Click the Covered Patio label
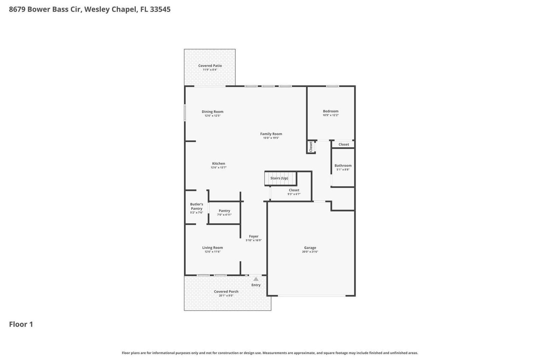[210, 66]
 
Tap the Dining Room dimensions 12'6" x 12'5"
[212, 116]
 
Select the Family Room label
[271, 134]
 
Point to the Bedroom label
[330, 111]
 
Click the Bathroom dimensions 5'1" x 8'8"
[343, 170]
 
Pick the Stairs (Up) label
[279, 178]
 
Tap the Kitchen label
[218, 163]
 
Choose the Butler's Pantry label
[196, 206]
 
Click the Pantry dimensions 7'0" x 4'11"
[224, 215]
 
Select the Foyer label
[253, 237]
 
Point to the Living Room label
[212, 248]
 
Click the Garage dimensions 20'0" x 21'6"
[310, 252]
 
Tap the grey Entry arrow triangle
[256, 279]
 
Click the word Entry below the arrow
[256, 285]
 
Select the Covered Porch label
[226, 292]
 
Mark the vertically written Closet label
[311, 146]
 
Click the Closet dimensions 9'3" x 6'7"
[294, 194]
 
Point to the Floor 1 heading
[21, 324]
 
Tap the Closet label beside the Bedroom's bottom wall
[344, 144]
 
